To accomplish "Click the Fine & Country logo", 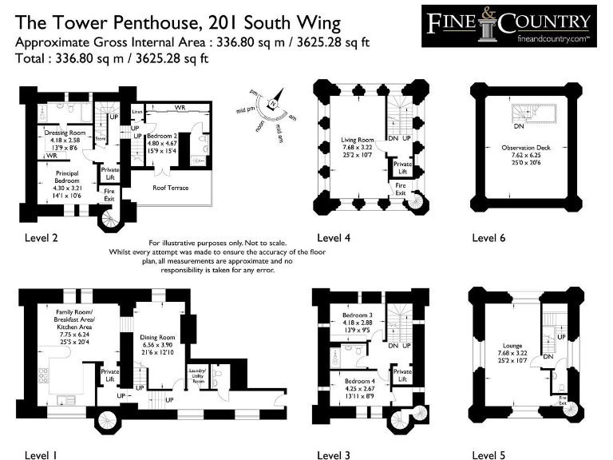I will pyautogui.click(x=509, y=26).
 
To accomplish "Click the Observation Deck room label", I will pyautogui.click(x=525, y=148).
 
